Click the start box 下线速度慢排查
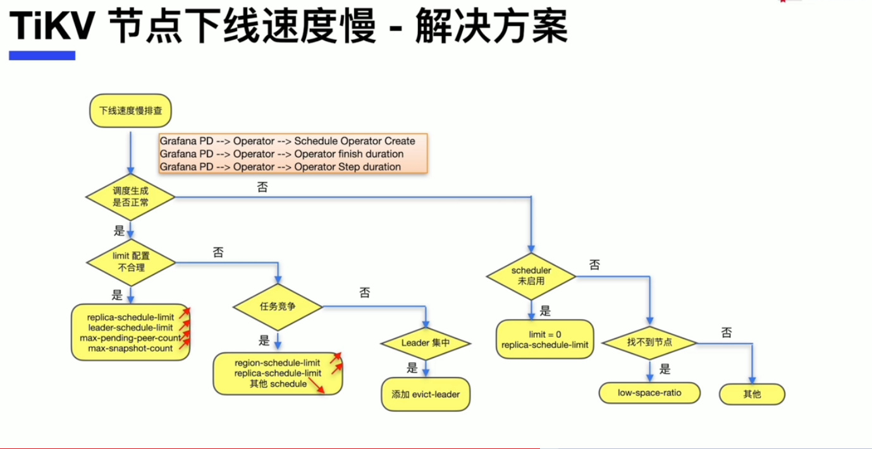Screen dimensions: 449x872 pos(131,111)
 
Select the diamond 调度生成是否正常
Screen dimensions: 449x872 pos(130,197)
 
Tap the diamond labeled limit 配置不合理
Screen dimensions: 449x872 pos(130,261)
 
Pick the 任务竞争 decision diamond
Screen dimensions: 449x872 pos(278,307)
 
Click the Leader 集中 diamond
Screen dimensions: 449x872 pos(426,344)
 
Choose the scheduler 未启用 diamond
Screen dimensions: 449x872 pos(531,276)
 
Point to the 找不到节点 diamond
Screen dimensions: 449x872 pos(649,342)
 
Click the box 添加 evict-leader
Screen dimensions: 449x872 pos(426,395)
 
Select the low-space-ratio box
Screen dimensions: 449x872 pos(649,393)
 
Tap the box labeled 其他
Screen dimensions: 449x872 pos(752,394)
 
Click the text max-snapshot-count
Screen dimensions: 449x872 pos(130,348)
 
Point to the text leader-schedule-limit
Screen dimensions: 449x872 pos(130,327)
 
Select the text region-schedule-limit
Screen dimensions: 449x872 pos(277,362)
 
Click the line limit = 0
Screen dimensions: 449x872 pos(545,334)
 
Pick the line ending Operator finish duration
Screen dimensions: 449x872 pos(281,153)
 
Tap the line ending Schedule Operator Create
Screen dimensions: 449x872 pos(287,141)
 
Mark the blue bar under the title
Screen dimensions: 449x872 pos(42,56)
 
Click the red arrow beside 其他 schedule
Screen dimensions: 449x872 pos(316,385)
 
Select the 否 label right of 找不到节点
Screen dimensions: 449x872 pos(727,332)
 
